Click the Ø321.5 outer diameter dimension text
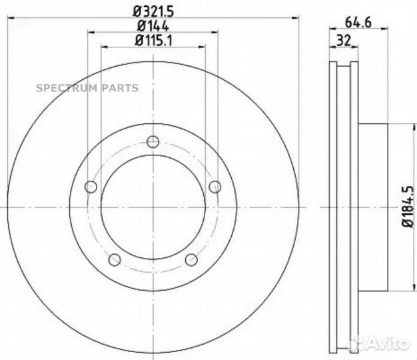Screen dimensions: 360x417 (153, 11)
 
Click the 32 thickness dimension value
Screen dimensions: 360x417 (344, 39)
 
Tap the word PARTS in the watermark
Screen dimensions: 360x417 (119, 88)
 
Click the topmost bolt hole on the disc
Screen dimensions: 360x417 (153, 141)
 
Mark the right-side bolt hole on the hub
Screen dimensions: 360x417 (214, 187)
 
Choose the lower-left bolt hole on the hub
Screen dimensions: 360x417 (115, 259)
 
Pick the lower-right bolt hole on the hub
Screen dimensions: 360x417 (191, 259)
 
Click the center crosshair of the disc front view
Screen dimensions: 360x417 (153, 207)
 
